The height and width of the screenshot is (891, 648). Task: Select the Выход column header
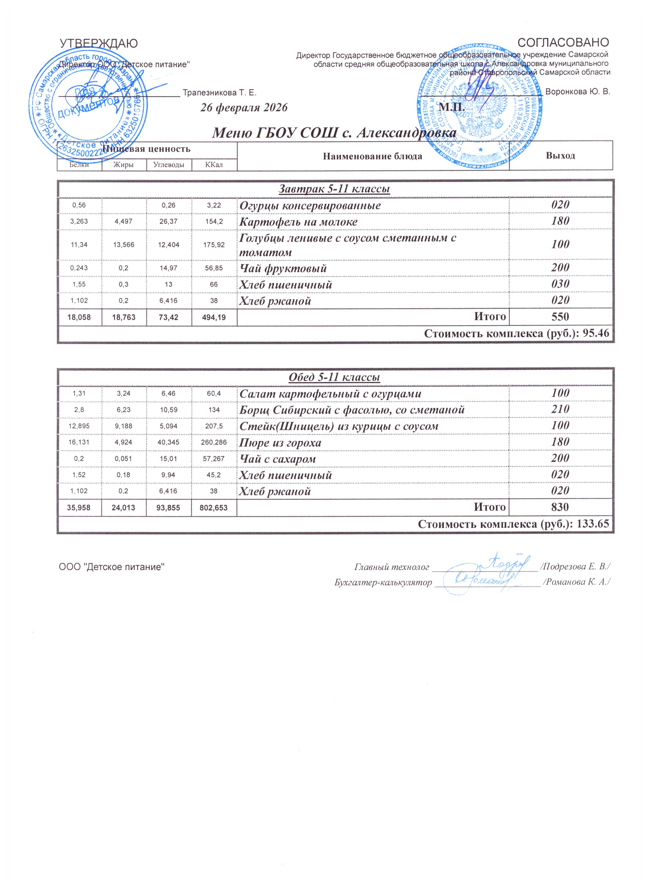tap(560, 156)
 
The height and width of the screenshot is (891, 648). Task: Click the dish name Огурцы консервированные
tap(310, 206)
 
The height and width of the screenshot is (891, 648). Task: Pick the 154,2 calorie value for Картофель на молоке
tap(214, 222)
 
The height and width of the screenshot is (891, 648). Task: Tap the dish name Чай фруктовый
tap(283, 269)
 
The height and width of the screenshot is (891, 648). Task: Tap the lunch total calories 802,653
tap(214, 508)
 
